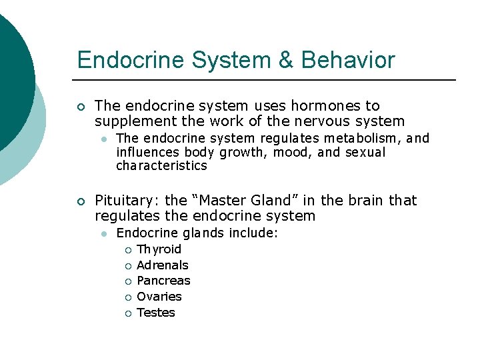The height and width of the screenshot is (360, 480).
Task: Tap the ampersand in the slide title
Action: coord(285,60)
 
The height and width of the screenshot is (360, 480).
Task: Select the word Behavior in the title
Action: coord(348,60)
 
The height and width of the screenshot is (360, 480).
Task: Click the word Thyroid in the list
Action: coord(159,249)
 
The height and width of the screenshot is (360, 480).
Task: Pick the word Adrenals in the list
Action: coord(163,265)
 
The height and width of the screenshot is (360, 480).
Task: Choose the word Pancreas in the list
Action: coord(163,281)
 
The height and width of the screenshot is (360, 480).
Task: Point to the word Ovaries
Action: coord(159,297)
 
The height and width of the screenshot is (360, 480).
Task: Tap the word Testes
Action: coord(156,313)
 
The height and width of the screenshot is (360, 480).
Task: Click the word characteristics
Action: coord(161,165)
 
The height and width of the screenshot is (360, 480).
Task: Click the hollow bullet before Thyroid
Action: coord(127,250)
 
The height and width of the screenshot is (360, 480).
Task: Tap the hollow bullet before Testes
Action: coord(127,313)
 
